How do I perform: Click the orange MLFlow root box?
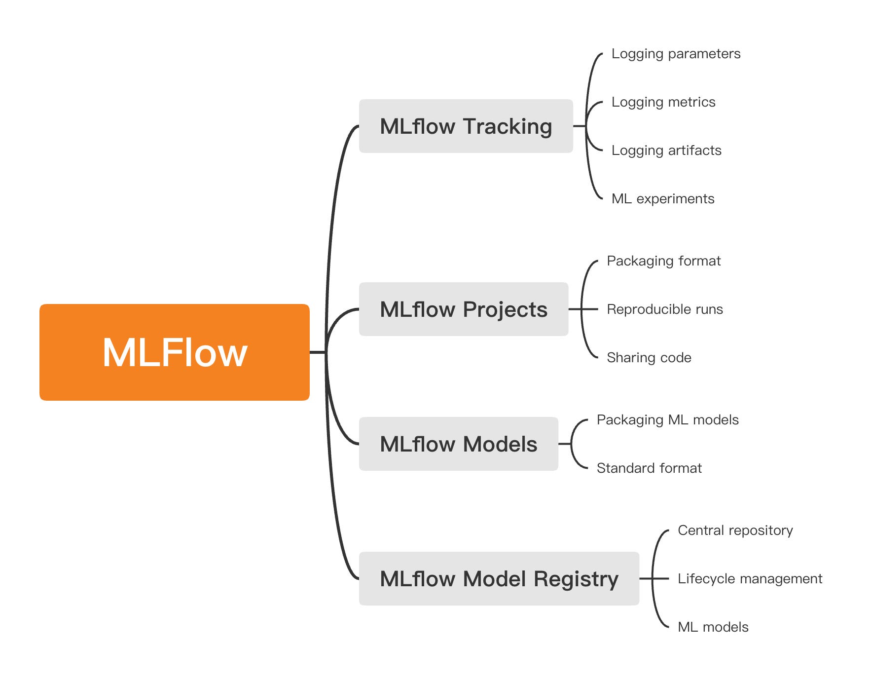[x=174, y=352]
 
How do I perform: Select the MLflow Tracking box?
[x=466, y=126]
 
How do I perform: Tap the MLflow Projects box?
[x=463, y=309]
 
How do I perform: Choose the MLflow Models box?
[x=458, y=444]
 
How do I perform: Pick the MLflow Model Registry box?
[x=499, y=579]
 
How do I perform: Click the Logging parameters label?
[x=676, y=54]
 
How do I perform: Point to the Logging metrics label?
[x=663, y=102]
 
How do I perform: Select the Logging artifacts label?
[x=666, y=151]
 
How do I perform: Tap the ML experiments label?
[x=662, y=199]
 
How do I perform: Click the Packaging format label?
[x=663, y=261]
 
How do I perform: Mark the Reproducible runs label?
[x=664, y=309]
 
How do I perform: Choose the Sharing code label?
[x=649, y=358]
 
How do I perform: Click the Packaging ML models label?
[x=667, y=420]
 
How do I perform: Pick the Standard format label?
[x=649, y=468]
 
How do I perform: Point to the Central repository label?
[x=735, y=530]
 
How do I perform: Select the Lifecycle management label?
[x=750, y=579]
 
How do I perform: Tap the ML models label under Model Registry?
[x=713, y=627]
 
